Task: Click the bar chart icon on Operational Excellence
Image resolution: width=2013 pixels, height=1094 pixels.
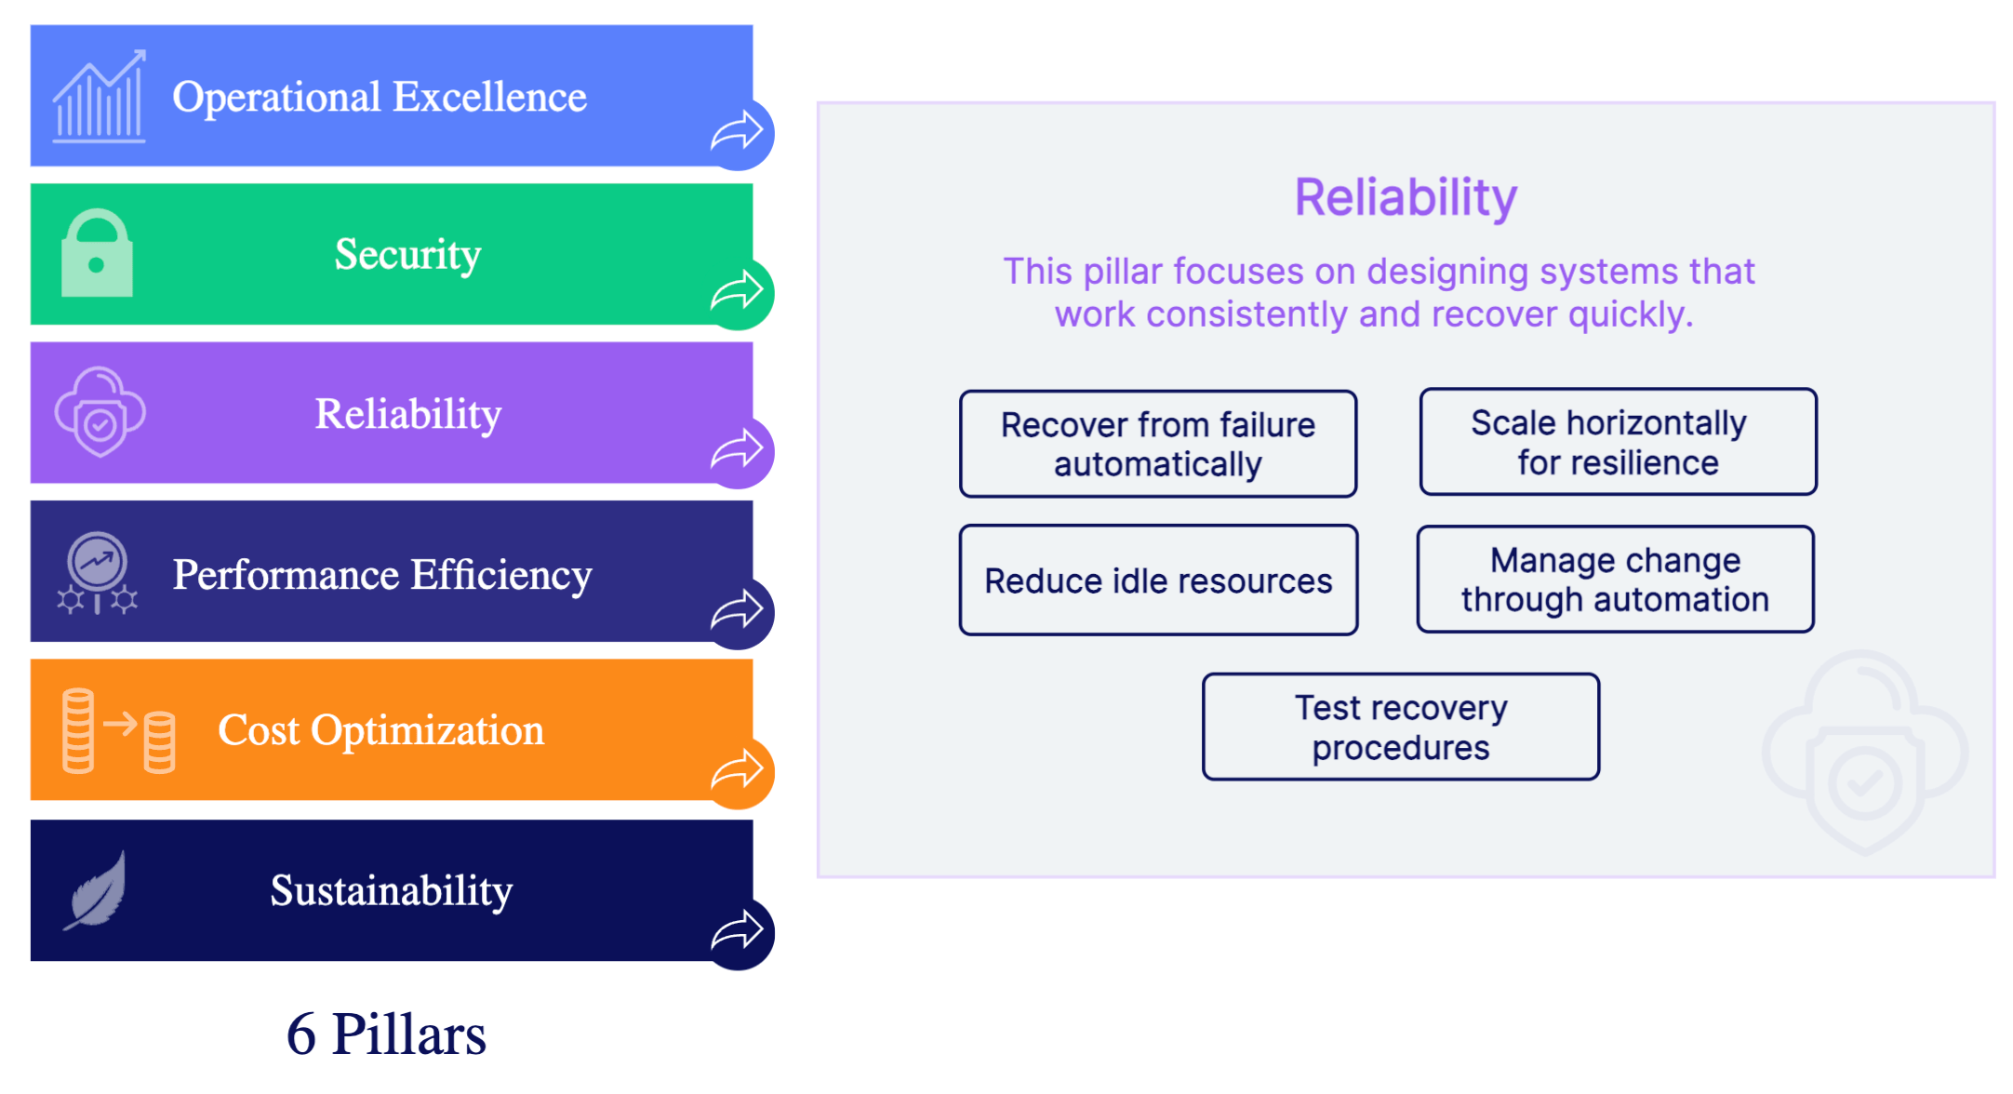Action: click(x=99, y=98)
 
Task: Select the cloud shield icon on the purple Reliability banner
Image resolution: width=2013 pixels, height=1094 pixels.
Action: click(x=100, y=412)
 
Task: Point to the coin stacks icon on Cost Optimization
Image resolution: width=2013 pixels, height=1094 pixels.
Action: click(x=118, y=731)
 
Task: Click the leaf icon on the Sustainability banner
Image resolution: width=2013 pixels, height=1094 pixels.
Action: click(x=97, y=890)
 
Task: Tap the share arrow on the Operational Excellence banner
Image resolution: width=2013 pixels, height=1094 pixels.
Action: click(x=738, y=133)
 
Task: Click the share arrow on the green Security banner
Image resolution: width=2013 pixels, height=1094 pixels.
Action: click(x=738, y=292)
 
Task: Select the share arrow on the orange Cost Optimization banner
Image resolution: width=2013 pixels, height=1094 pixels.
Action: click(x=738, y=770)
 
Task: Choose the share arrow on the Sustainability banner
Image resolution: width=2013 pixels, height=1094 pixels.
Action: click(x=738, y=931)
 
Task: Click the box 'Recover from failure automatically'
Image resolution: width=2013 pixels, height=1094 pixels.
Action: click(x=1158, y=444)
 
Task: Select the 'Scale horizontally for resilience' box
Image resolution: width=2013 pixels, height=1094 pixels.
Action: click(x=1618, y=442)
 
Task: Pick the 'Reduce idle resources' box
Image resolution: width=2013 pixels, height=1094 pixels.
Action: click(x=1158, y=580)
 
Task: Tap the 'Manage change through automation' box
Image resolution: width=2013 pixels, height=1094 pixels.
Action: click(x=1615, y=580)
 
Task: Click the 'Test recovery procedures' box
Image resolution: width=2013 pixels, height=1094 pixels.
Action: click(x=1401, y=727)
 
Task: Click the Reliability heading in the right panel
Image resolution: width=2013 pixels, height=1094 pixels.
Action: click(x=1406, y=197)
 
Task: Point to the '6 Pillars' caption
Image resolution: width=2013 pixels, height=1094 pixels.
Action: click(x=386, y=1034)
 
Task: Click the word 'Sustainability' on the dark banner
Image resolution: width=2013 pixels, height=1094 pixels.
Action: click(x=392, y=890)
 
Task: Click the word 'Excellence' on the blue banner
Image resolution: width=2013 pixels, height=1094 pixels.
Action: click(x=489, y=97)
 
